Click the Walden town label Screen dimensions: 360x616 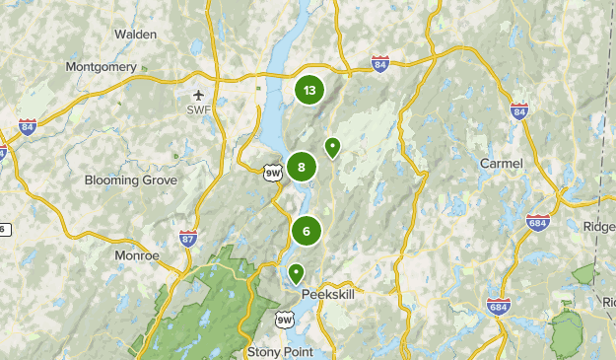(136, 34)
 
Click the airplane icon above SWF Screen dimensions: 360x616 (198, 94)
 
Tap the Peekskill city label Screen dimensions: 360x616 (326, 293)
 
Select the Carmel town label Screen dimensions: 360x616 (500, 162)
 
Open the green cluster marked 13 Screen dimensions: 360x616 (309, 91)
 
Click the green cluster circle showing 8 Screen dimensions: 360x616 (302, 167)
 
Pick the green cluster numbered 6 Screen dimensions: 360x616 (307, 232)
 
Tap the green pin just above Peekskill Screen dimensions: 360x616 (295, 272)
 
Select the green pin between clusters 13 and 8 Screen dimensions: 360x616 (333, 147)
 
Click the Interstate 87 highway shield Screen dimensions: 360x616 (188, 238)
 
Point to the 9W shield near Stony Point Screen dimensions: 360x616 (285, 319)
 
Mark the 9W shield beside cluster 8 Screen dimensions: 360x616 (272, 174)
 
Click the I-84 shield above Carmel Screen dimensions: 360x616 (518, 110)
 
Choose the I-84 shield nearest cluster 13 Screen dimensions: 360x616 (380, 64)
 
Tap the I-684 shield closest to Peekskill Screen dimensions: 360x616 (498, 307)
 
